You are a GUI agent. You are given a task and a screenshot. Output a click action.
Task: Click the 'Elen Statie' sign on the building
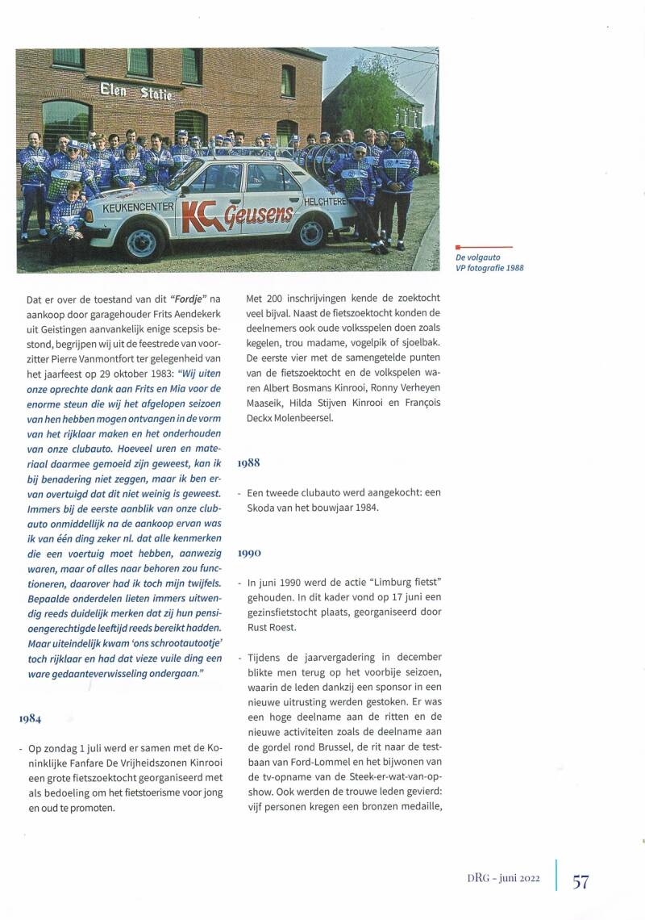coord(135,91)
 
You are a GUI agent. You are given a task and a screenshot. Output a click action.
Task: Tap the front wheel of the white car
coord(140,243)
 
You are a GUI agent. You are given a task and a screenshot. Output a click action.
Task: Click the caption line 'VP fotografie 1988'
coord(489,267)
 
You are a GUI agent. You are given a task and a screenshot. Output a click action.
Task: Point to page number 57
coord(580,881)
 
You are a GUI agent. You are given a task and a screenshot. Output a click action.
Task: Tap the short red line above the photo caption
coord(485,247)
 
